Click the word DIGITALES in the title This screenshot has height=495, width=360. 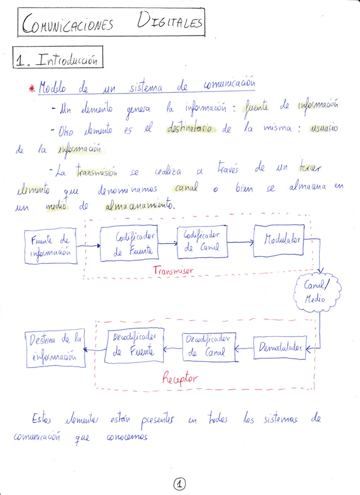pyautogui.click(x=170, y=23)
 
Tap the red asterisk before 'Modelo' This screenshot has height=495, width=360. pyautogui.click(x=32, y=89)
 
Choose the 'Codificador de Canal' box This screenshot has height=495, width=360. pyautogui.click(x=202, y=241)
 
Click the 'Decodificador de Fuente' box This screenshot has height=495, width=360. pyautogui.click(x=134, y=345)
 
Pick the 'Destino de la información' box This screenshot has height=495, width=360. pyautogui.click(x=55, y=349)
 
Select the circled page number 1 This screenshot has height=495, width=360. pyautogui.click(x=180, y=483)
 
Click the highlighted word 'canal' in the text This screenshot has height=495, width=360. pyautogui.click(x=186, y=189)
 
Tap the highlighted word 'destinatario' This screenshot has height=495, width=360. pyautogui.click(x=194, y=128)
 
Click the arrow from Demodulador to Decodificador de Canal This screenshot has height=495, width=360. pyautogui.click(x=244, y=348)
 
